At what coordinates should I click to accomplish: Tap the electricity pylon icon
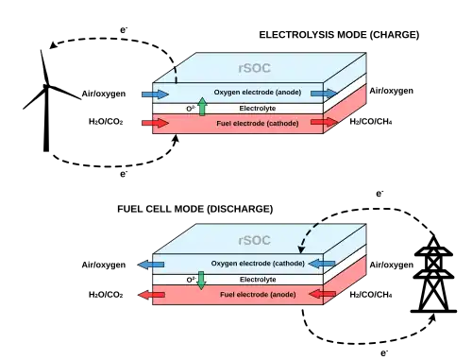coord(433,277)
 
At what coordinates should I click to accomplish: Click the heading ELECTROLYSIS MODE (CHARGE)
coord(339,35)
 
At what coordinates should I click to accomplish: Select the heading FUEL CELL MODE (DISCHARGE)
coord(194,209)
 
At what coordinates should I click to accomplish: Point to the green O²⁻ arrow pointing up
coord(202,107)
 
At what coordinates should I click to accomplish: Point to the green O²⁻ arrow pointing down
coord(201,281)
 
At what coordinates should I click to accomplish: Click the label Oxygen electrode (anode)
coord(258,93)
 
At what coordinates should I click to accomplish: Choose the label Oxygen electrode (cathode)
coord(258,264)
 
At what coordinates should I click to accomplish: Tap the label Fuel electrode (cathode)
coord(258,124)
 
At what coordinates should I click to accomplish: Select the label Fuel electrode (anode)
coord(258,295)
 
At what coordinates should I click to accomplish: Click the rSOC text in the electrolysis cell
coord(254,68)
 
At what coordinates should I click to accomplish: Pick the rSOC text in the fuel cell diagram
coord(254,240)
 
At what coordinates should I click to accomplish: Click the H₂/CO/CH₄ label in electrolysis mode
coord(371,122)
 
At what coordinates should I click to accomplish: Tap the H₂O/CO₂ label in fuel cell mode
coord(106,295)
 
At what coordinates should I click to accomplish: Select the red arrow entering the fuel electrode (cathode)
coord(156,123)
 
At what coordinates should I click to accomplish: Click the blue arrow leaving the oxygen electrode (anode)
coord(324,94)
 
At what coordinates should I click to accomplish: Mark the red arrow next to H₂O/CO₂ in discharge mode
coord(151,295)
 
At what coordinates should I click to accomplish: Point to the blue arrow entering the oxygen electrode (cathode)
coord(322,264)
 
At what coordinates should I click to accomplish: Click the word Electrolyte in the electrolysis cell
coord(258,109)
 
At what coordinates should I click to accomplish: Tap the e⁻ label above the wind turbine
coord(124,30)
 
